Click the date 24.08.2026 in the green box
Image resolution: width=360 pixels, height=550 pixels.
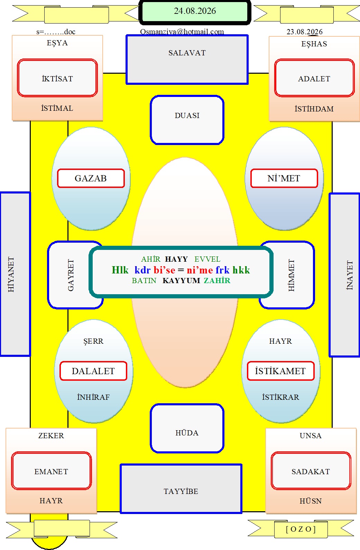[195, 11]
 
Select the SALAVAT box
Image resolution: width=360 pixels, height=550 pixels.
[187, 60]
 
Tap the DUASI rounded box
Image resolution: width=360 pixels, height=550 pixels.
[187, 120]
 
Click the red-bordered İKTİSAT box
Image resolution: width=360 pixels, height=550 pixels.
[57, 78]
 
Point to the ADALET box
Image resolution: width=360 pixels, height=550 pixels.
[314, 78]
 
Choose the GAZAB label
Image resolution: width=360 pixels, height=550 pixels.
[91, 178]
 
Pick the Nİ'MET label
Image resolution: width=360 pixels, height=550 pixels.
[284, 178]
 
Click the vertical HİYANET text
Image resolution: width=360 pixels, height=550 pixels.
[11, 274]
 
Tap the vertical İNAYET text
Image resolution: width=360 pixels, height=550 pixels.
[349, 275]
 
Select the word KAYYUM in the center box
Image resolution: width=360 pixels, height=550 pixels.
[181, 280]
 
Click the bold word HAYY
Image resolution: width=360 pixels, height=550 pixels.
[176, 259]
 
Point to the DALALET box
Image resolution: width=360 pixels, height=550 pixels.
[93, 371]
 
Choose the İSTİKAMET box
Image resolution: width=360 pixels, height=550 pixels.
[280, 371]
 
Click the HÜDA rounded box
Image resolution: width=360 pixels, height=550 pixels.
[187, 428]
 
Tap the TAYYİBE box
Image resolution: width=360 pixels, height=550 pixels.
[181, 489]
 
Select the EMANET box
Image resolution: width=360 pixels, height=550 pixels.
[51, 471]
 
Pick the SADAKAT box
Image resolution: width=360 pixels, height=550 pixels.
[311, 471]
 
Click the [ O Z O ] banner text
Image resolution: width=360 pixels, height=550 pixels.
[301, 529]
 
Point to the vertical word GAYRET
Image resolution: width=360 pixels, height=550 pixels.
[71, 275]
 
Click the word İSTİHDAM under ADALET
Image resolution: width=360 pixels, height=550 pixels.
[314, 109]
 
